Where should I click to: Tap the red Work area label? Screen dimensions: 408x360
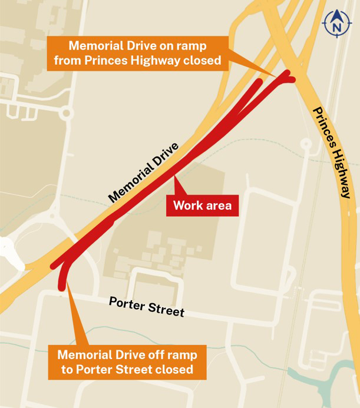202,206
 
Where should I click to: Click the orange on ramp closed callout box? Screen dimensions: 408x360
138,53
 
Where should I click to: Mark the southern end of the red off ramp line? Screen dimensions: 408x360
61,287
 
